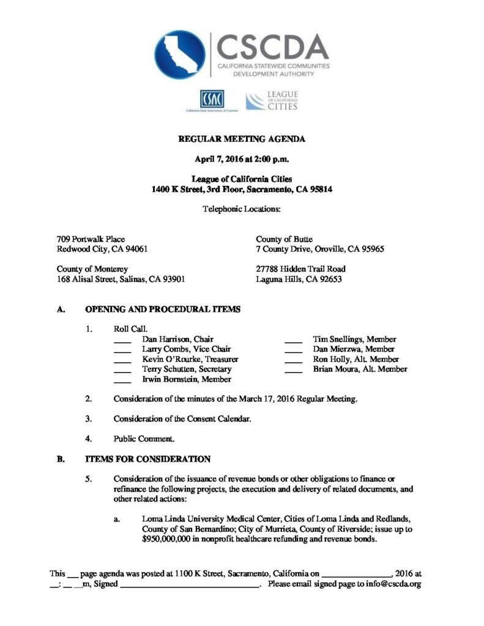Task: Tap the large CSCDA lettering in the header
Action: (x=273, y=46)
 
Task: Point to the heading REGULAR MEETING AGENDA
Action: (x=242, y=139)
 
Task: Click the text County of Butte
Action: (x=284, y=239)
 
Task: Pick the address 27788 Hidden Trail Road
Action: (x=300, y=269)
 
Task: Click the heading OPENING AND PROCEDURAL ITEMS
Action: (x=163, y=309)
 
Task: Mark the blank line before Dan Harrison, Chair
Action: (x=123, y=341)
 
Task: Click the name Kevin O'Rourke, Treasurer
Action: (x=190, y=359)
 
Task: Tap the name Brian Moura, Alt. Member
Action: (x=360, y=369)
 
